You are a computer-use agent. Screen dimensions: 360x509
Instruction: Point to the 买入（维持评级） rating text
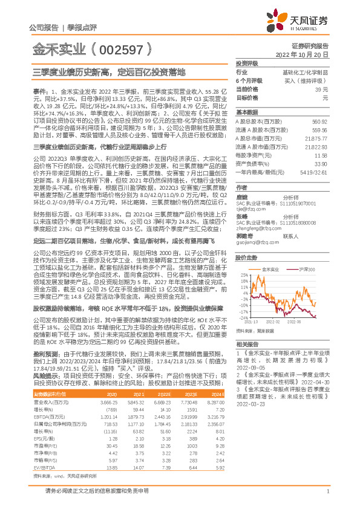(307, 80)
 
